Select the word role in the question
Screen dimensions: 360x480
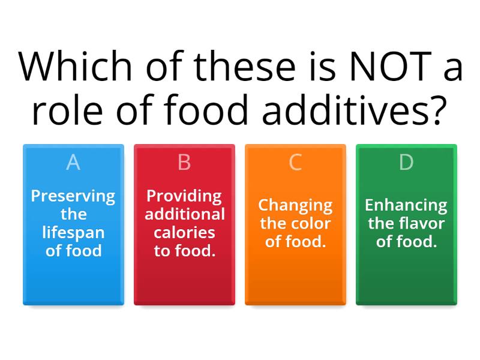pyautogui.click(x=63, y=111)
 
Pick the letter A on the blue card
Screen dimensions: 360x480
pyautogui.click(x=73, y=162)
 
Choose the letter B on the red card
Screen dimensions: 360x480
pyautogui.click(x=184, y=162)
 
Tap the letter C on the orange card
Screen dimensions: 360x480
pyautogui.click(x=295, y=162)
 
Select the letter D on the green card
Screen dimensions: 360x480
pyautogui.click(x=406, y=162)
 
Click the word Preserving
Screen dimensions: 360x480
pyautogui.click(x=73, y=196)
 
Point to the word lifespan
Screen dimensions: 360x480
pyautogui.click(x=73, y=233)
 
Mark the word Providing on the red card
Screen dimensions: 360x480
pyautogui.click(x=184, y=196)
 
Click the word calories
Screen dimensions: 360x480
pyautogui.click(x=184, y=233)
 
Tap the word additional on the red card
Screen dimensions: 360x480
pyautogui.click(x=184, y=214)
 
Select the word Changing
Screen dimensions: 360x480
pyautogui.click(x=295, y=206)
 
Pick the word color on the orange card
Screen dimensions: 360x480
pyautogui.click(x=313, y=224)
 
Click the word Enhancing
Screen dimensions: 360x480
pyautogui.click(x=406, y=206)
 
